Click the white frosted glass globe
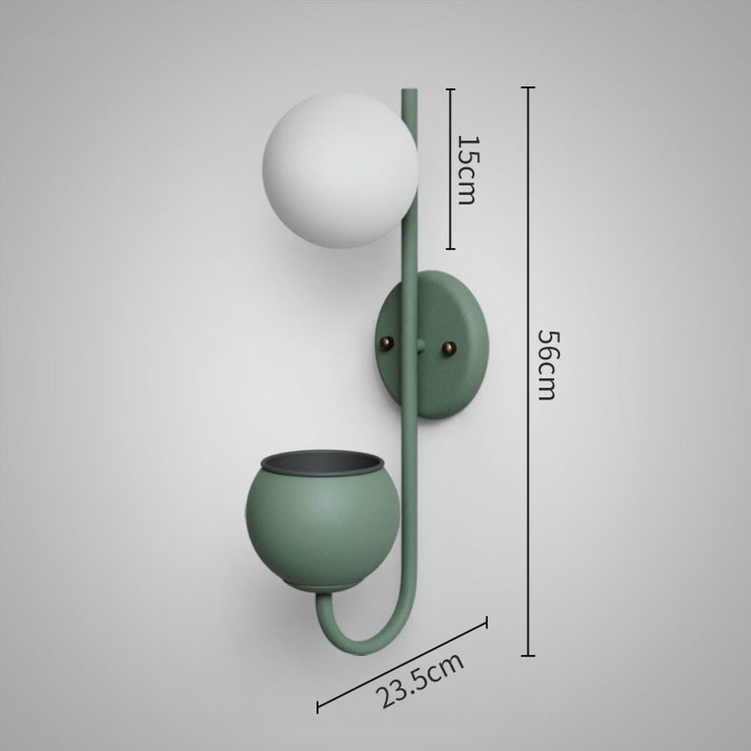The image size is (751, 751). [340, 170]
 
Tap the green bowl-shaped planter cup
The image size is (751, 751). [323, 521]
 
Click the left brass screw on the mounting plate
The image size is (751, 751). [386, 343]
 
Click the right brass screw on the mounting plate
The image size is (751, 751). [448, 348]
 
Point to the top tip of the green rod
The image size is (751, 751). [409, 90]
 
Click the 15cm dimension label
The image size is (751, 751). [468, 170]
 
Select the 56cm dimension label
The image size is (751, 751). [547, 365]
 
